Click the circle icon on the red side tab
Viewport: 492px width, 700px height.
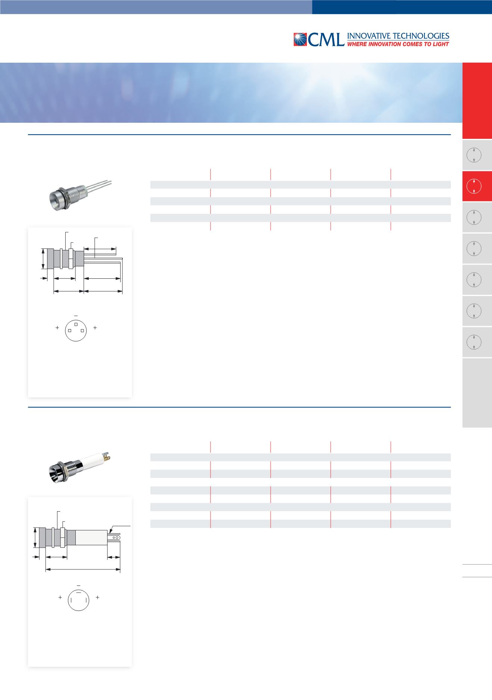click(x=473, y=186)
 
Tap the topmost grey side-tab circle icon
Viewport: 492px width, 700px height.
click(x=473, y=155)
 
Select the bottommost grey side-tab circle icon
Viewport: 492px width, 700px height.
click(x=473, y=342)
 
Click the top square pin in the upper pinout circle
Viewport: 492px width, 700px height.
click(x=76, y=324)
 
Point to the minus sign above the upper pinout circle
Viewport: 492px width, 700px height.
click(x=76, y=316)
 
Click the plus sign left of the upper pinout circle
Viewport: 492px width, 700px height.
click(x=57, y=328)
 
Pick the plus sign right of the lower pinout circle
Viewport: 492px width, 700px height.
click(x=97, y=597)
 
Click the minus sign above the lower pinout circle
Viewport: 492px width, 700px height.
click(x=78, y=585)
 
